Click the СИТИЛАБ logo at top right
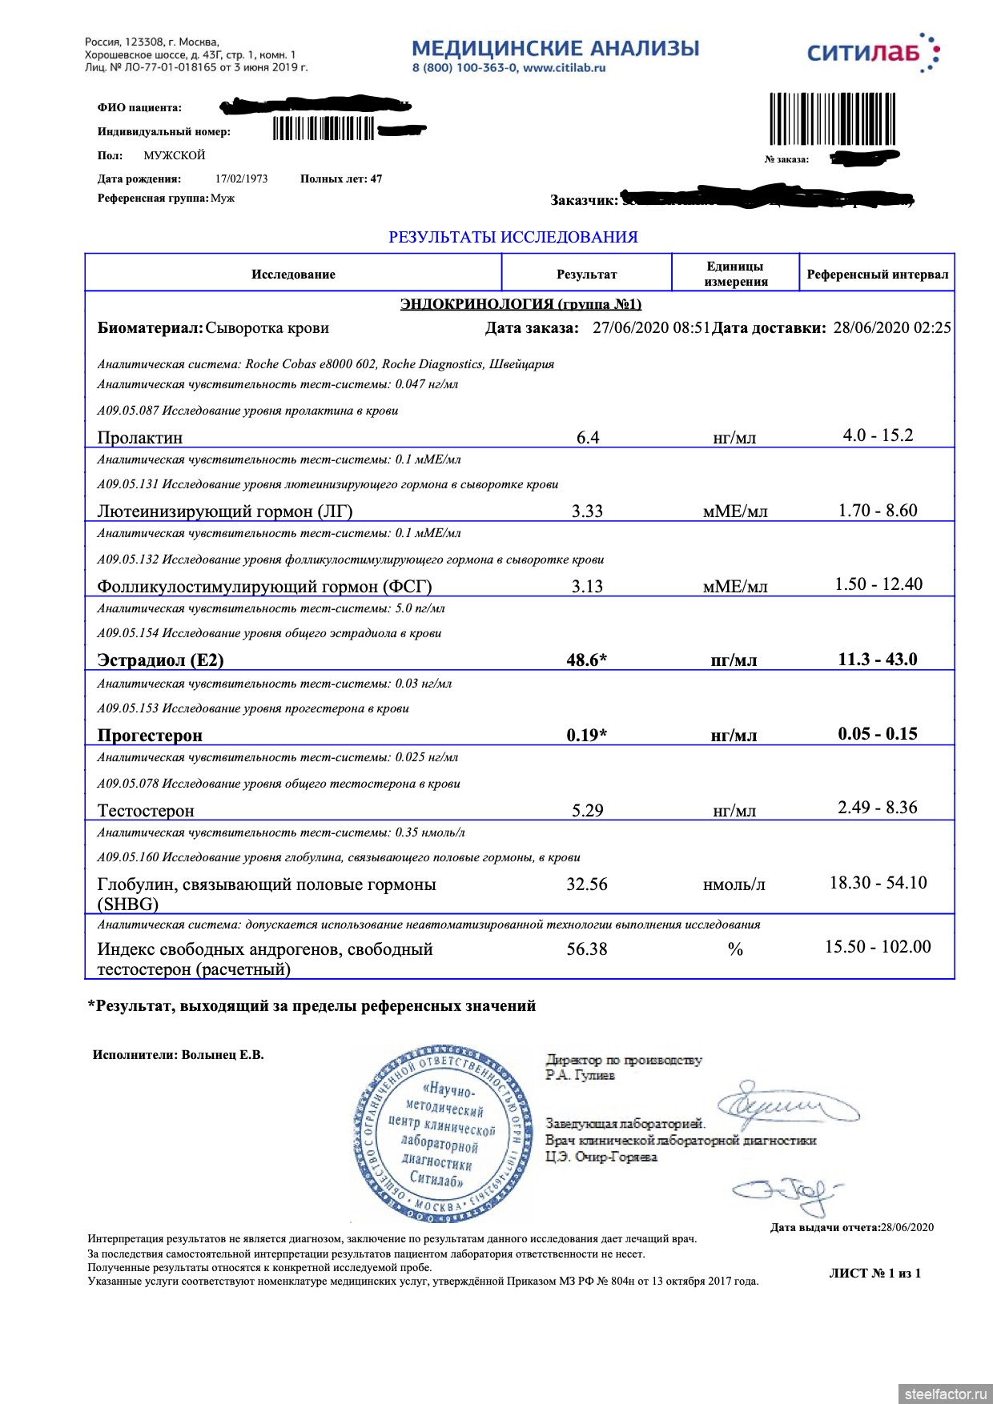(x=873, y=53)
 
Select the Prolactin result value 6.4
(x=588, y=438)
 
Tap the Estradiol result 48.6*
(x=586, y=660)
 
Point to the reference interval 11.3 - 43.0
(x=878, y=660)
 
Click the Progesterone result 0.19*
(x=586, y=736)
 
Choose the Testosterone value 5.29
(x=587, y=811)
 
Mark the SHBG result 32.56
(x=586, y=885)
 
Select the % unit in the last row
(x=735, y=949)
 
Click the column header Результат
(x=586, y=275)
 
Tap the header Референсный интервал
(x=877, y=275)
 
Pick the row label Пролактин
(x=140, y=438)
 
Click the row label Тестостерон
(x=146, y=811)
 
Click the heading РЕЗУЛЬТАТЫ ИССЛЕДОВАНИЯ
(x=513, y=238)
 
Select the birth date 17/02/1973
(x=241, y=179)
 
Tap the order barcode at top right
(x=832, y=119)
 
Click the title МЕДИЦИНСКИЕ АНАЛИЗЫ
(x=555, y=48)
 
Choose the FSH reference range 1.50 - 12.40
(x=878, y=584)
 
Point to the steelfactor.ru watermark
(x=946, y=1394)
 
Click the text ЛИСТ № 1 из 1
(x=874, y=1274)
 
